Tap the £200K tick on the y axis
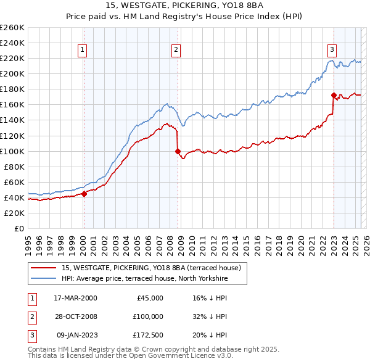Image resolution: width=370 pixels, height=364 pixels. pos(12,73)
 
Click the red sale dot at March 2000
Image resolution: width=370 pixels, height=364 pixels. pos(84,194)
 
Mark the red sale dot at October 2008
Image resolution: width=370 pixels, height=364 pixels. pos(178,151)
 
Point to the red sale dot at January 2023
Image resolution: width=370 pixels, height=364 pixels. pos(334,95)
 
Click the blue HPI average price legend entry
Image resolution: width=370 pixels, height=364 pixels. pos(144,279)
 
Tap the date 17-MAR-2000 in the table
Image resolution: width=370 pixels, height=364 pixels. pos(76,297)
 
